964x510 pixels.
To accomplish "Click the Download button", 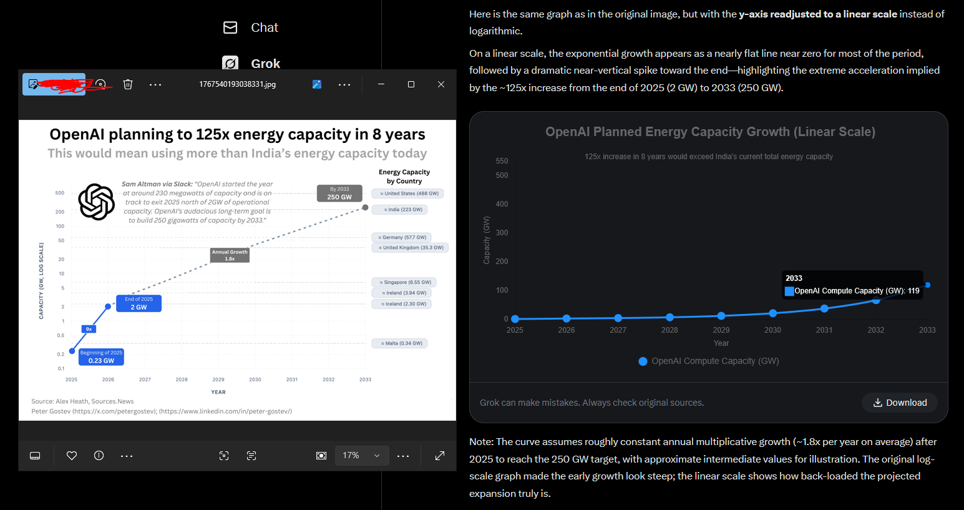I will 900,403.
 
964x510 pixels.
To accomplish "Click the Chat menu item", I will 251,27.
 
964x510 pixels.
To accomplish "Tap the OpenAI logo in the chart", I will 96,202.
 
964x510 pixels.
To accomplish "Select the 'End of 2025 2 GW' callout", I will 139,303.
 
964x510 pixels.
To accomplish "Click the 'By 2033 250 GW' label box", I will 339,194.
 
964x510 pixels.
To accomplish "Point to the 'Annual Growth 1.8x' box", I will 230,255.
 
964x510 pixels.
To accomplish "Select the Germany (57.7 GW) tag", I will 402,237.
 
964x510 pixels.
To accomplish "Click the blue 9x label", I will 89,329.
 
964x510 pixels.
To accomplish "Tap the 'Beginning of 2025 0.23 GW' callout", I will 101,356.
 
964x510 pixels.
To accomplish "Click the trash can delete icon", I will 128,84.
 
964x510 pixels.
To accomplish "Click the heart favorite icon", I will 72,456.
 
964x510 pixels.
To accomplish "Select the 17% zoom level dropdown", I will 361,456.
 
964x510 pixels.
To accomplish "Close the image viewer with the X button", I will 441,84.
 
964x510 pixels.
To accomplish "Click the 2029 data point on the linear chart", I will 721,316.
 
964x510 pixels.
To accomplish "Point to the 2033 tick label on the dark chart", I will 927,330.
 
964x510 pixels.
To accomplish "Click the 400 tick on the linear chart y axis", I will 502,204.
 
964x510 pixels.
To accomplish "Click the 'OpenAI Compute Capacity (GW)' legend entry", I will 709,361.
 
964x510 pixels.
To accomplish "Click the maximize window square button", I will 411,84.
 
